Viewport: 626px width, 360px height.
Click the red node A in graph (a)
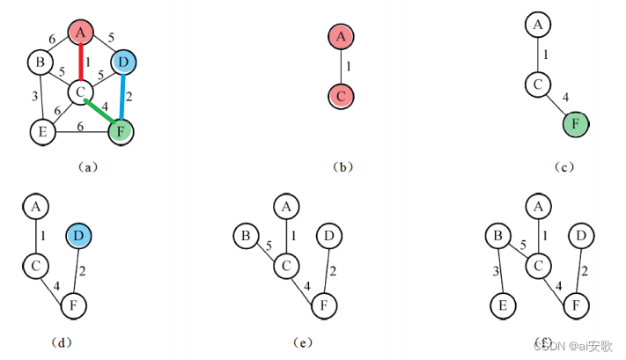81,33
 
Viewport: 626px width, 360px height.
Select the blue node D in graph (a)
124,62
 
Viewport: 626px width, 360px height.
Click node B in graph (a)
39,62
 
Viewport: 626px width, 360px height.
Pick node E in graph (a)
39,133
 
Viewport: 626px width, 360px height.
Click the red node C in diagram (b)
341,93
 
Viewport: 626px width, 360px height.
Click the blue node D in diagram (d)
80,235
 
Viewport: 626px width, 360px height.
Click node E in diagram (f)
503,306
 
